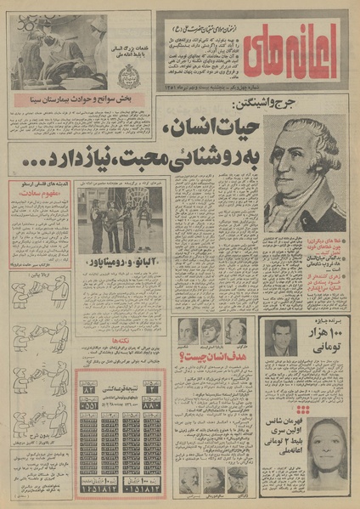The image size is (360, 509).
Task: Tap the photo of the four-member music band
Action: [121, 222]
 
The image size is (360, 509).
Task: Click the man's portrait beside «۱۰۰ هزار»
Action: [278, 338]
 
